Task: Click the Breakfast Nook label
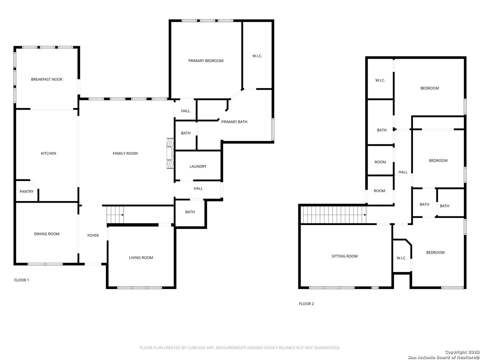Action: coord(47,79)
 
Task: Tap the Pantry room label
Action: coord(26,191)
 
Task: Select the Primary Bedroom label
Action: coord(206,61)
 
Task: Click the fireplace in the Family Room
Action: coord(170,153)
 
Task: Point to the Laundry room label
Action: coord(198,166)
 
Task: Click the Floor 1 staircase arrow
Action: coord(122,215)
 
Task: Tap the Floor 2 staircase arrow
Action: coord(365,215)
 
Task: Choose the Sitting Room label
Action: coord(344,256)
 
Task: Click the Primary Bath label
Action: coord(234,122)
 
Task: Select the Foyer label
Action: coord(93,235)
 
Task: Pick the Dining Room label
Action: coord(47,234)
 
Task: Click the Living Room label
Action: coord(141,258)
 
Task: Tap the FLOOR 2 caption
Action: coord(306,304)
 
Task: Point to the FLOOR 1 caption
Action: coord(21,280)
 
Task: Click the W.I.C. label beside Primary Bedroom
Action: coord(257,56)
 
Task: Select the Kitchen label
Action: coord(48,153)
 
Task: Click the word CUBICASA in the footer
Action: coord(196,348)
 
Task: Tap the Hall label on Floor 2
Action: coord(403,172)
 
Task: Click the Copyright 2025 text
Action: coord(462,352)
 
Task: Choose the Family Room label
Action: coord(125,153)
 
